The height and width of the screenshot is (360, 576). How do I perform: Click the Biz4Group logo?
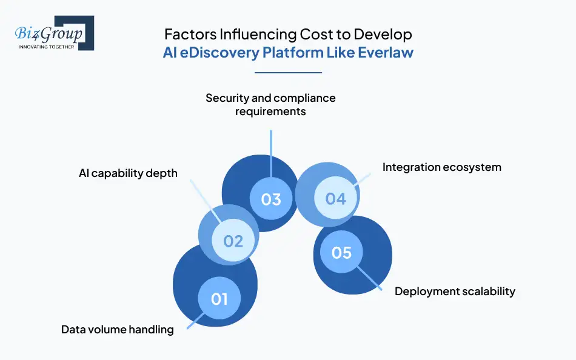coord(54,33)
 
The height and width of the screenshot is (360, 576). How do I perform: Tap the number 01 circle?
coord(219,298)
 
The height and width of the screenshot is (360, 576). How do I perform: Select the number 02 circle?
coord(233,241)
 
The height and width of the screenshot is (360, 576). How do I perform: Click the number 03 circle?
coord(271,199)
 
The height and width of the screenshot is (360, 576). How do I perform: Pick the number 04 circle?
coord(335,198)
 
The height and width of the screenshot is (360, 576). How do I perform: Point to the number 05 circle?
coord(341,252)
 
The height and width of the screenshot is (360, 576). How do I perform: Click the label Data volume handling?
coord(117,330)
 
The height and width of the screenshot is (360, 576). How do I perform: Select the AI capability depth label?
coord(128,173)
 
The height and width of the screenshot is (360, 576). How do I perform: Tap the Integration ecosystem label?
coord(441,167)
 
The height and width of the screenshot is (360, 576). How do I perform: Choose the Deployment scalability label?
coord(455,292)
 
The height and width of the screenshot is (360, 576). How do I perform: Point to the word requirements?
coord(270,112)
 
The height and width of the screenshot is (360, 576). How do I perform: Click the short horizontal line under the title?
coord(288,73)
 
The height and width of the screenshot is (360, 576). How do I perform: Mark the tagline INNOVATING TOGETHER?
coord(46,47)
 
